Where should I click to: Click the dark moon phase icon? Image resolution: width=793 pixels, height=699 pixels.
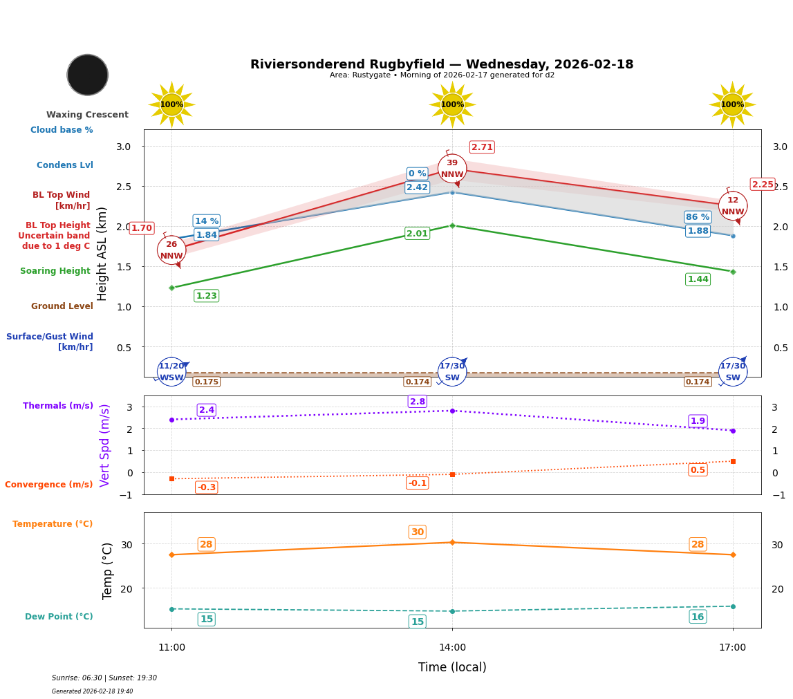pyautogui.click(x=88, y=75)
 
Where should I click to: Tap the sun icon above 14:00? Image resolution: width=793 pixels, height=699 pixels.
pyautogui.click(x=452, y=104)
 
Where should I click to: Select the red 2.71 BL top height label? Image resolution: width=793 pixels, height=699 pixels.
pyautogui.click(x=482, y=147)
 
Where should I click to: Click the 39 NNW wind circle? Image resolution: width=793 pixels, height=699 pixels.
pyautogui.click(x=452, y=169)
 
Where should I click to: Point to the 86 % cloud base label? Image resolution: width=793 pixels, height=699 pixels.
pyautogui.click(x=698, y=217)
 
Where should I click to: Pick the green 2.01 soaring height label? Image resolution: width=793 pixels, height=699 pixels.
pyautogui.click(x=417, y=234)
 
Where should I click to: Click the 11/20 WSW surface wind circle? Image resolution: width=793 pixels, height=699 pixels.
pyautogui.click(x=171, y=372)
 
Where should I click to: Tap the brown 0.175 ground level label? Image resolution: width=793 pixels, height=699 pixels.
pyautogui.click(x=206, y=382)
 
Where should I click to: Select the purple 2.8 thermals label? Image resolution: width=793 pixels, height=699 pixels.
pyautogui.click(x=418, y=402)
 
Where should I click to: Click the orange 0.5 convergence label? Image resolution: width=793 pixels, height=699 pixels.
pyautogui.click(x=698, y=470)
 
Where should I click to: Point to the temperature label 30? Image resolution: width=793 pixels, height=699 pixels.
pyautogui.click(x=418, y=532)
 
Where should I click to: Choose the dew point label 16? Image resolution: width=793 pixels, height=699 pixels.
pyautogui.click(x=698, y=617)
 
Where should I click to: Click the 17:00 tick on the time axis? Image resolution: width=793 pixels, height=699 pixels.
pyautogui.click(x=732, y=648)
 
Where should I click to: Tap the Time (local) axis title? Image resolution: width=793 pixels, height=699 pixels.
pyautogui.click(x=452, y=667)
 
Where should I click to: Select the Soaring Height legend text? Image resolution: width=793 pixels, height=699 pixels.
pyautogui.click(x=55, y=271)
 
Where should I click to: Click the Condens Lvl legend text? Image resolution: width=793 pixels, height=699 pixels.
pyautogui.click(x=65, y=165)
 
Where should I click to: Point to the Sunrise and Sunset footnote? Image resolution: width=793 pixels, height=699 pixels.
pyautogui.click(x=104, y=678)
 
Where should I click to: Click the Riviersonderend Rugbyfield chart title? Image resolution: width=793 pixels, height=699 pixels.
pyautogui.click(x=442, y=64)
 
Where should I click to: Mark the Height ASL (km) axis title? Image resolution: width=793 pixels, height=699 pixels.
pyautogui.click(x=102, y=253)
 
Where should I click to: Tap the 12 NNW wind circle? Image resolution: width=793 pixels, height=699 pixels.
pyautogui.click(x=733, y=206)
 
